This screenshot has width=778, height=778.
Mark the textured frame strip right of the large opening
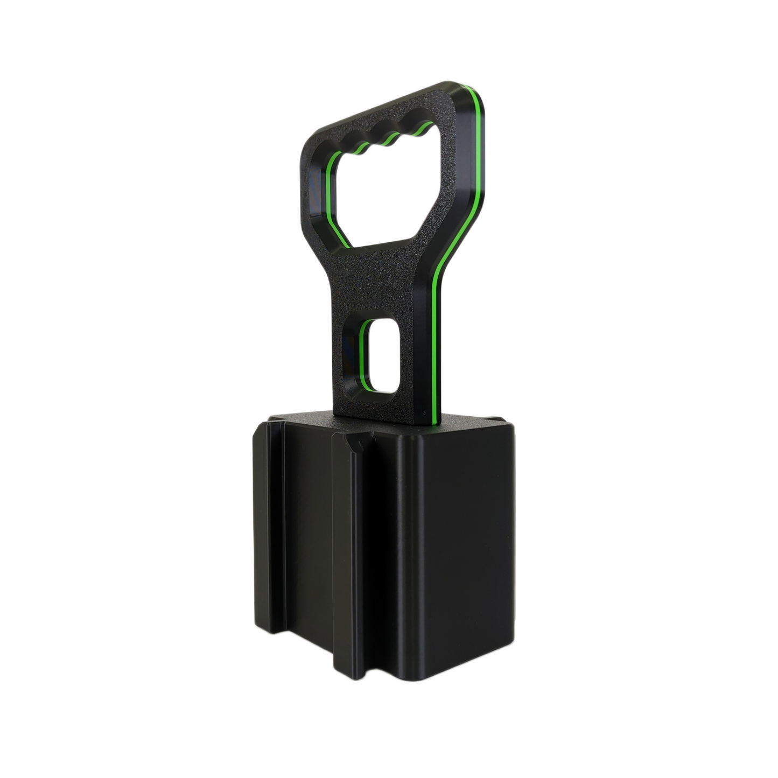(452, 178)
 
